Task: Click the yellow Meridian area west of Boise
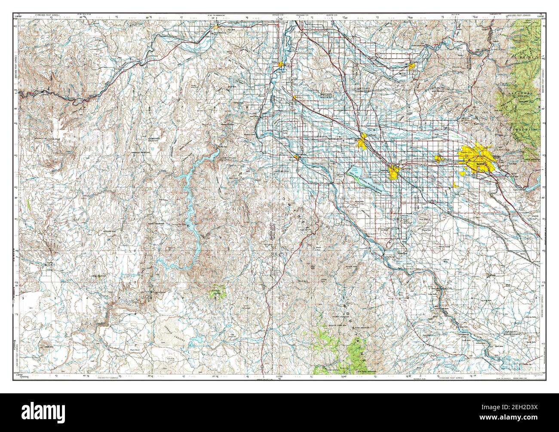coord(440,158)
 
